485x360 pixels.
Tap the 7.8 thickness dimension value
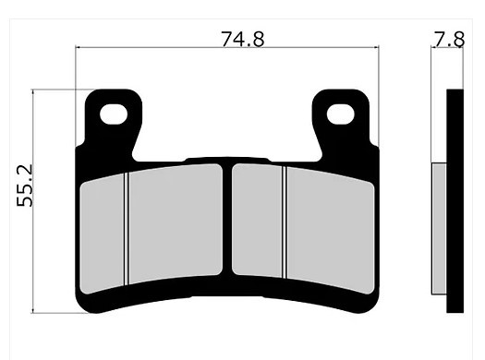[448, 40]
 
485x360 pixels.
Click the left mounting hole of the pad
[114, 114]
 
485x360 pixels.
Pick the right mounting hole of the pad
[340, 114]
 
